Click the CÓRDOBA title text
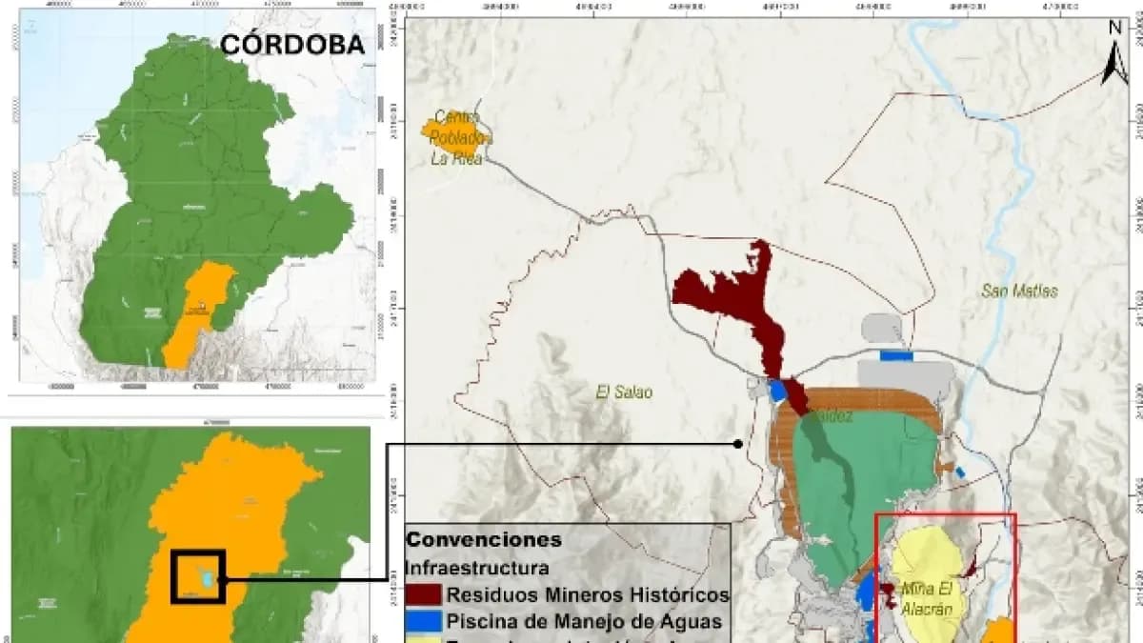[291, 45]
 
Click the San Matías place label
[1019, 291]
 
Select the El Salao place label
[624, 392]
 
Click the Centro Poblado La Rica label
[455, 138]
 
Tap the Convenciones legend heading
[484, 539]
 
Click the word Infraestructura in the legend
[477, 568]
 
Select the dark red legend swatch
[424, 595]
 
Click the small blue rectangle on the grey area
[895, 356]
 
